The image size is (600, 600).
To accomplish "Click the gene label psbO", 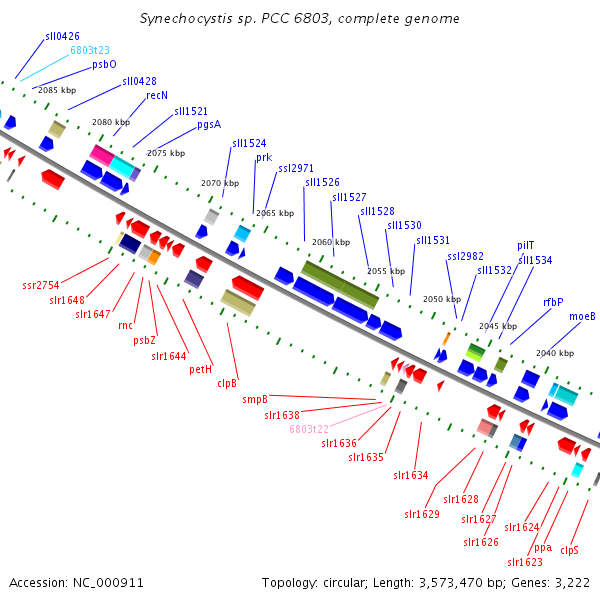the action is pyautogui.click(x=104, y=64).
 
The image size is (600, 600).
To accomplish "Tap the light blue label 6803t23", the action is pyautogui.click(x=90, y=50).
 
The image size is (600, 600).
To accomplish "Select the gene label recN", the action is pyautogui.click(x=157, y=95).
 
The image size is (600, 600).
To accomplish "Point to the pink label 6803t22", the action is pyautogui.click(x=309, y=429).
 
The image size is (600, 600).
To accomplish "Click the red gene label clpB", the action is pyautogui.click(x=227, y=383).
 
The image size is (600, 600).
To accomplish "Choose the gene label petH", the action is pyautogui.click(x=201, y=369).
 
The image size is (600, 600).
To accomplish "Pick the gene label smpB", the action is pyautogui.click(x=255, y=399).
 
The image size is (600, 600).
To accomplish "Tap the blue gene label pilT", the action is pyautogui.click(x=525, y=246).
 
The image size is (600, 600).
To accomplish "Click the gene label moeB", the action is pyautogui.click(x=582, y=316).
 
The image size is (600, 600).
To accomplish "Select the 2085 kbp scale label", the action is pyautogui.click(x=57, y=90).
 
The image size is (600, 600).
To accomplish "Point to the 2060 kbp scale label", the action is pyautogui.click(x=331, y=242).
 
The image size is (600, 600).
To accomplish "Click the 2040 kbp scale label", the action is pyautogui.click(x=555, y=353).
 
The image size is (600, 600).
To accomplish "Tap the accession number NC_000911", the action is pyautogui.click(x=108, y=583).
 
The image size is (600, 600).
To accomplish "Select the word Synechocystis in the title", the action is pyautogui.click(x=186, y=19).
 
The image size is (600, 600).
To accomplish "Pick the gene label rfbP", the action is pyautogui.click(x=553, y=302).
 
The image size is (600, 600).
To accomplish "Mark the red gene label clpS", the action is pyautogui.click(x=569, y=550).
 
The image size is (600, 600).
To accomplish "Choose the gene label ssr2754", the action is pyautogui.click(x=41, y=285).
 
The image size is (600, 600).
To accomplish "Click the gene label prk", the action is pyautogui.click(x=264, y=158).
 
